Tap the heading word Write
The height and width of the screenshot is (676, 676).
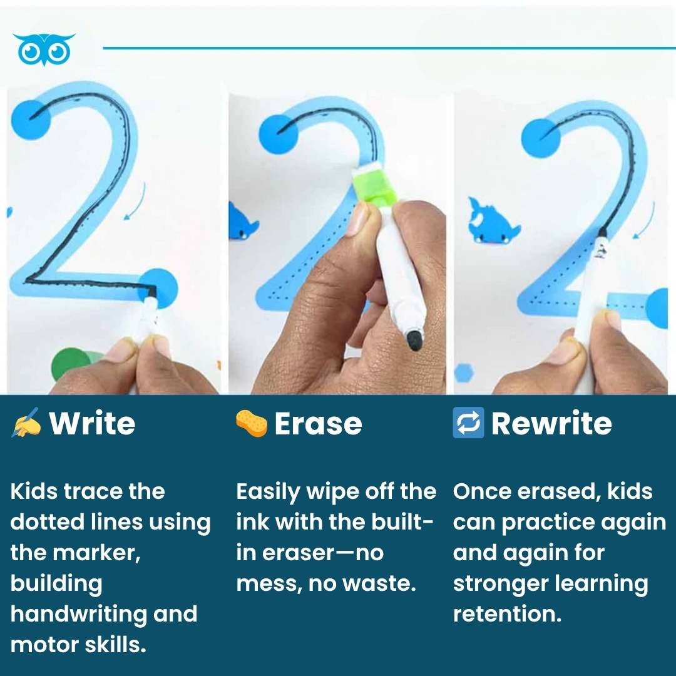[x=92, y=424]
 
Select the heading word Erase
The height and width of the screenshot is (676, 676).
[x=318, y=424]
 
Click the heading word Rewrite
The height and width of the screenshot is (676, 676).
[x=551, y=424]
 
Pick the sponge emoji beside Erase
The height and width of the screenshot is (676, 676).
[x=252, y=423]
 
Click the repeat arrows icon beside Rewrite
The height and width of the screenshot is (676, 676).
[x=468, y=423]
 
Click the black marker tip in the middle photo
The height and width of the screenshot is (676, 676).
[x=414, y=340]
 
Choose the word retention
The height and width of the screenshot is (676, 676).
[x=507, y=614]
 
